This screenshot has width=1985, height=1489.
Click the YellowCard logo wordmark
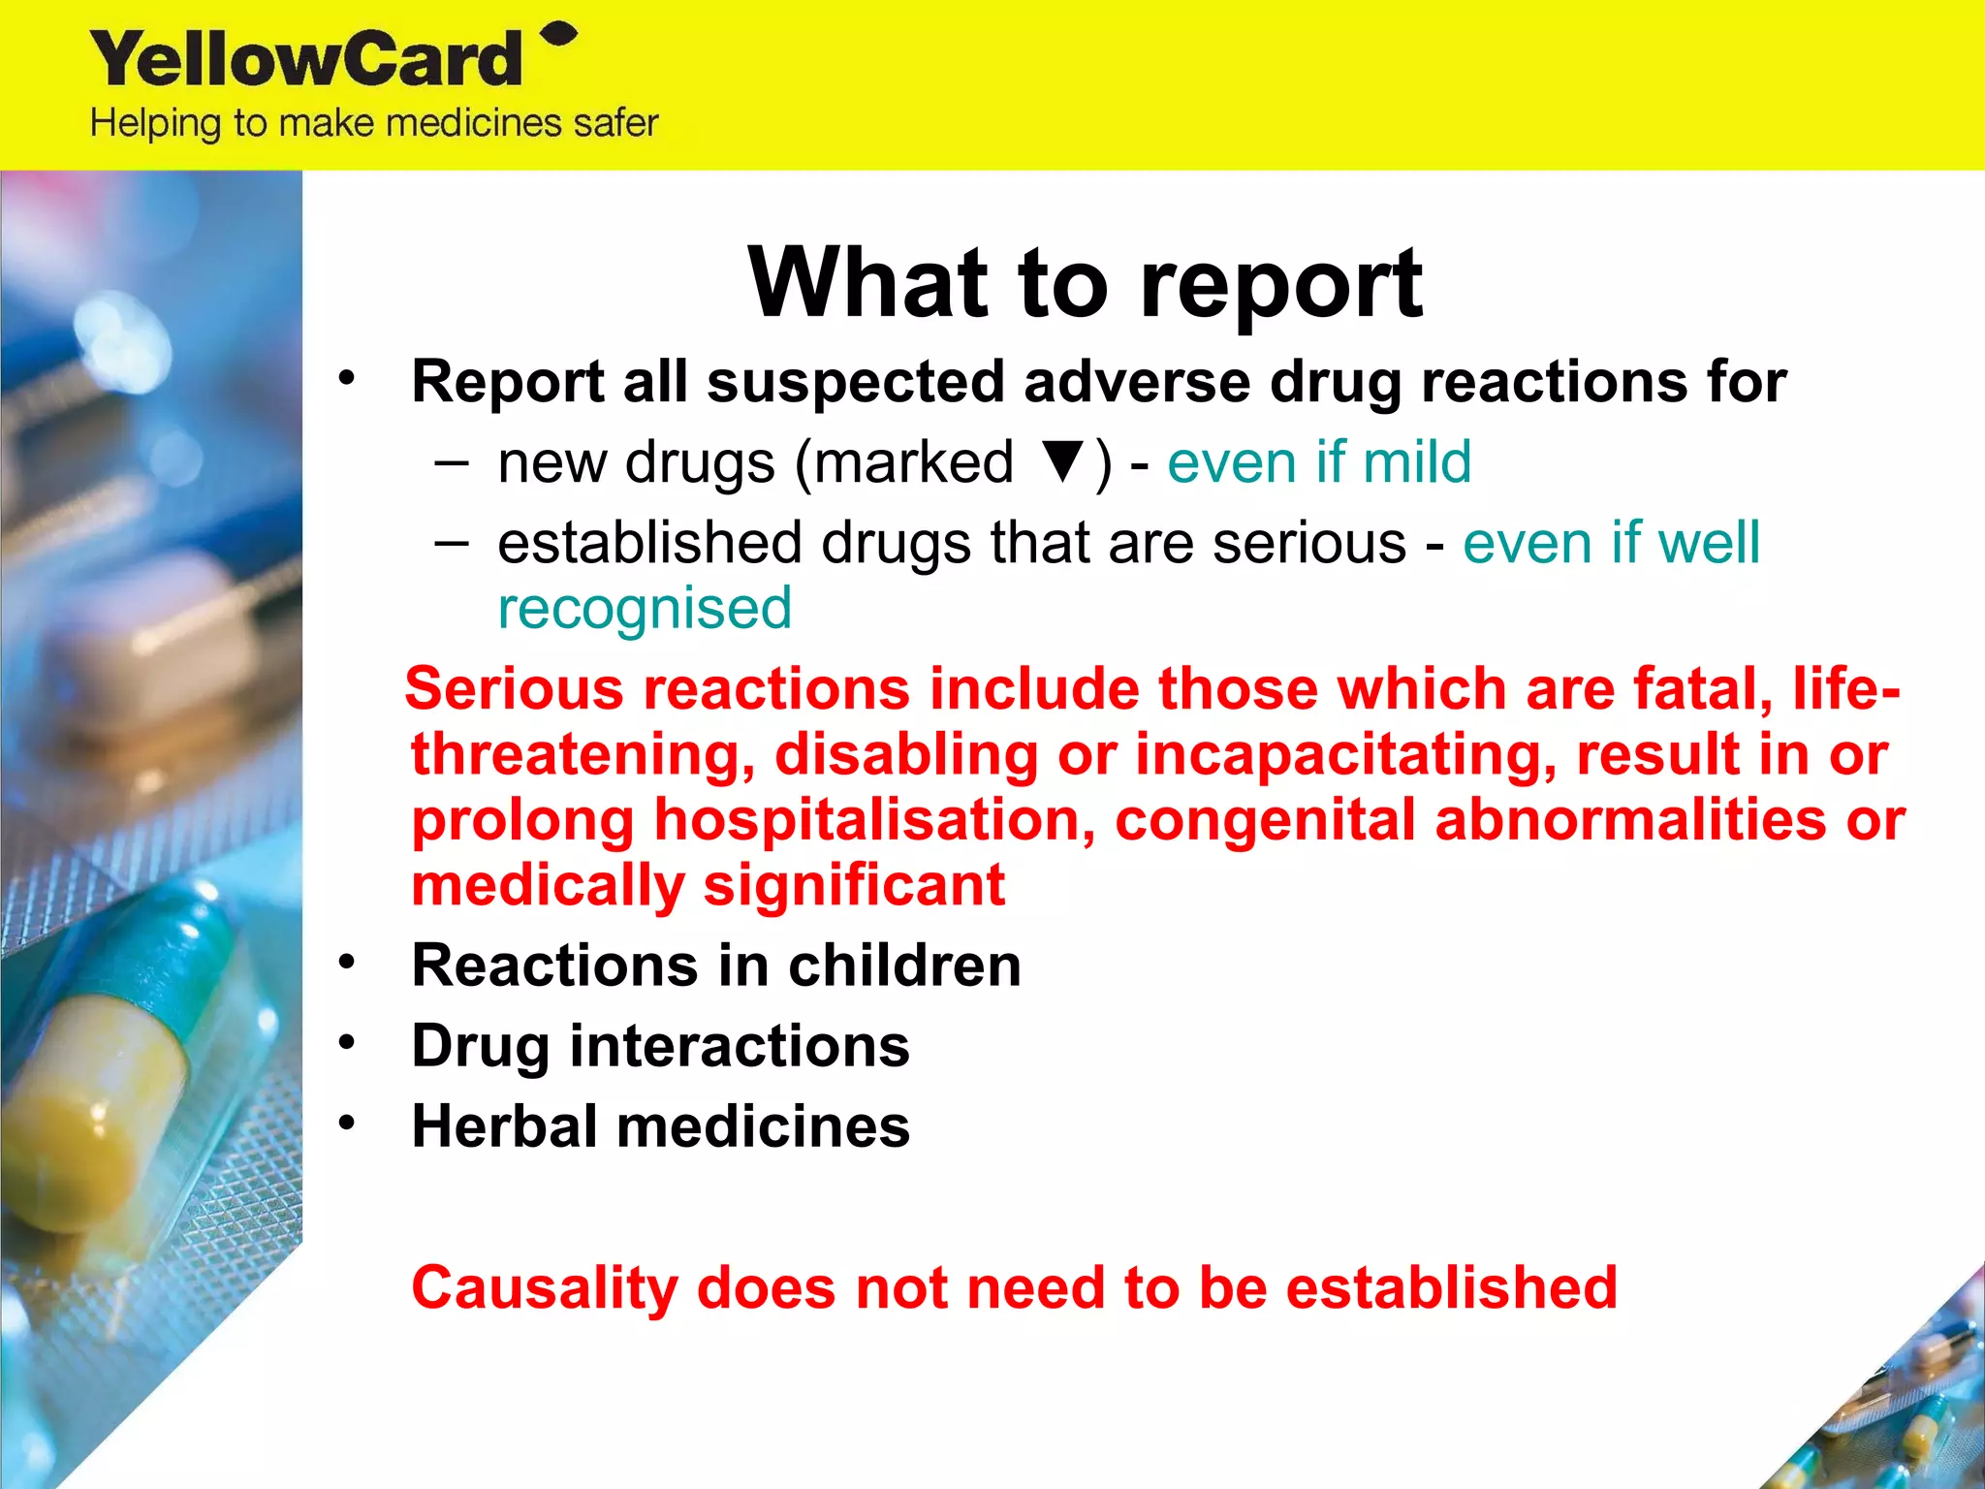point(306,60)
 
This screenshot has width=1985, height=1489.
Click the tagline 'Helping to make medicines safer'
point(374,124)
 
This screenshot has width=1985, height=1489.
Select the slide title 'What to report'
point(1085,282)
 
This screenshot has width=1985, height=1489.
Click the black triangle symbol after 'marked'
point(1063,460)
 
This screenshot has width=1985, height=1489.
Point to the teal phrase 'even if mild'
point(1319,462)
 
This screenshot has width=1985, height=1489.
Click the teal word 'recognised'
point(645,609)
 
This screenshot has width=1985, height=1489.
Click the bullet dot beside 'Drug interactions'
point(347,1043)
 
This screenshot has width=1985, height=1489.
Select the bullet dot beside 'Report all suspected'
point(347,378)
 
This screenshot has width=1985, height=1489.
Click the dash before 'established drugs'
point(451,542)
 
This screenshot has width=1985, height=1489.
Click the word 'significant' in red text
point(854,886)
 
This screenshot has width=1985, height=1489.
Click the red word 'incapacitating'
point(1345,755)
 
